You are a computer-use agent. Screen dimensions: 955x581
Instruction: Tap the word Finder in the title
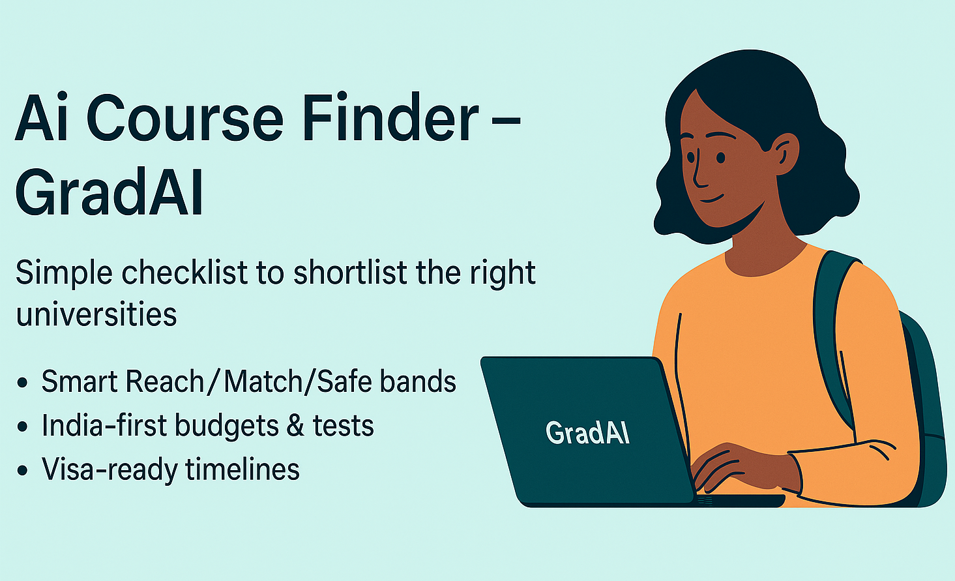pos(391,116)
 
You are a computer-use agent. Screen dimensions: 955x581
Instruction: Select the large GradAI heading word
pos(109,192)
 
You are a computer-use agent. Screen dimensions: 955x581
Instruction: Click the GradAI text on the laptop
pos(587,433)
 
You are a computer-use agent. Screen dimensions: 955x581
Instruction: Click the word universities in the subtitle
pos(96,314)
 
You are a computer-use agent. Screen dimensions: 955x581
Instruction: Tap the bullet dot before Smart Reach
pos(22,382)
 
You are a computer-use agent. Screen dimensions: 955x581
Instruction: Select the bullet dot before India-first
pos(22,426)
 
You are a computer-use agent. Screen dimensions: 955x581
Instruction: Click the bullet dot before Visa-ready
pos(22,471)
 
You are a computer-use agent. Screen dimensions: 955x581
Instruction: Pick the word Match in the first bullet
pos(263,381)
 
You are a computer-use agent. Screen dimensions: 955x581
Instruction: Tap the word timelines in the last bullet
pos(242,469)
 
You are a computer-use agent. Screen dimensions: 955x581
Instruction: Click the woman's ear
pos(786,154)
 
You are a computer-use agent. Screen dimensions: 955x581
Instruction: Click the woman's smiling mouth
pos(712,199)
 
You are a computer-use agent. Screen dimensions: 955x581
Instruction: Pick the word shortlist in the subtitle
pos(350,272)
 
